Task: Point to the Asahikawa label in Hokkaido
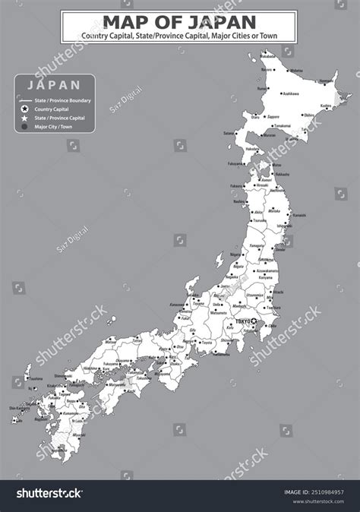tap(290, 94)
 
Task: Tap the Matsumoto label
tap(219, 312)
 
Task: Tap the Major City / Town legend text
tap(53, 128)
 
